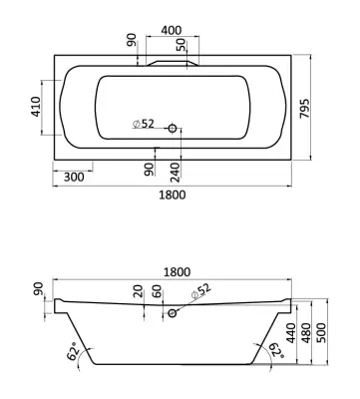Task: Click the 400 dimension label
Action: (x=172, y=30)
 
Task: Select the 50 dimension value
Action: (x=181, y=45)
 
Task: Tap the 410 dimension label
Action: (x=36, y=107)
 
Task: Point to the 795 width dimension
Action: (x=304, y=109)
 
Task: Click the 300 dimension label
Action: (x=74, y=178)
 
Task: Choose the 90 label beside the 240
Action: (x=150, y=169)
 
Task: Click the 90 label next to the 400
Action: (x=132, y=40)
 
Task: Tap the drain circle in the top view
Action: (x=173, y=128)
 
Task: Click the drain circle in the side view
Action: (x=173, y=313)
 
